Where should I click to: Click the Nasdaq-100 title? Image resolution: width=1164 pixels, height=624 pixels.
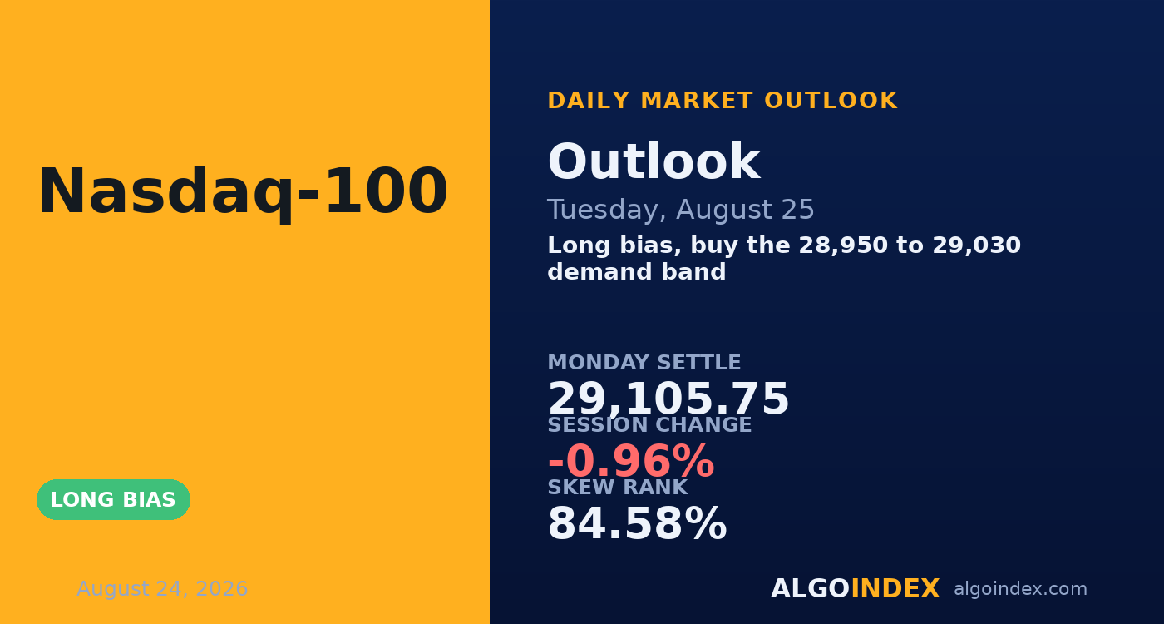(243, 191)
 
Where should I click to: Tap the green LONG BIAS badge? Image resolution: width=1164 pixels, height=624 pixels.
(113, 499)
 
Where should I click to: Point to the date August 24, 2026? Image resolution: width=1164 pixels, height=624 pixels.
(162, 589)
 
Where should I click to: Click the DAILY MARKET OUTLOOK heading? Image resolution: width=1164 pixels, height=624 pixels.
(723, 101)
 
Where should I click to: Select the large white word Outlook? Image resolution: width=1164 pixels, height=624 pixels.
(654, 161)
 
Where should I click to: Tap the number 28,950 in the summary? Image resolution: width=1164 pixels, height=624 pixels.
(843, 245)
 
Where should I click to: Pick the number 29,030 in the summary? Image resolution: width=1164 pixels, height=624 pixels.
(976, 245)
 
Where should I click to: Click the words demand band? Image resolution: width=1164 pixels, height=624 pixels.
(637, 271)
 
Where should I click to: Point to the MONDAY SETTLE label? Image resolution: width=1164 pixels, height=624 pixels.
(644, 363)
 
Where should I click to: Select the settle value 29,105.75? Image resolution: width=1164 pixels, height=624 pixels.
(668, 399)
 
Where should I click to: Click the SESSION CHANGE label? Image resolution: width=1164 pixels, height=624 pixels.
(649, 425)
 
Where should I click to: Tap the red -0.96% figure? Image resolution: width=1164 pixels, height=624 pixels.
(631, 461)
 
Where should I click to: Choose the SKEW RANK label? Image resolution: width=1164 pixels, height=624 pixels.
(618, 488)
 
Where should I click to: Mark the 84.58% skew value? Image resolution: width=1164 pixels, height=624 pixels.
(637, 523)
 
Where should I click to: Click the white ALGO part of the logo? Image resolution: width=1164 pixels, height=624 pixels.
(810, 589)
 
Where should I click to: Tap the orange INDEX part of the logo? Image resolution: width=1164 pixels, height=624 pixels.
(895, 589)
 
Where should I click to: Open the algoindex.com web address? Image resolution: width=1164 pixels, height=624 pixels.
(1021, 589)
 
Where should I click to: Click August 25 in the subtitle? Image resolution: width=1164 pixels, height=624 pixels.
(745, 209)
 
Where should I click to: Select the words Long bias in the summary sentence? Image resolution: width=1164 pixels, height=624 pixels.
(614, 246)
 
